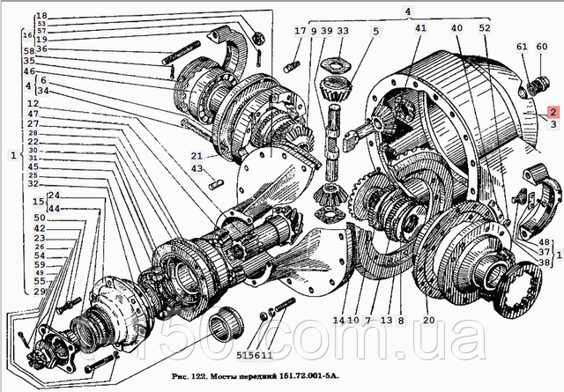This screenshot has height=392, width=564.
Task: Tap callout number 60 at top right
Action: [x=542, y=46]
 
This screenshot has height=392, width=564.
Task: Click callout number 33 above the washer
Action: [x=343, y=31]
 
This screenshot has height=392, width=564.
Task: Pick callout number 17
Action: [x=301, y=31]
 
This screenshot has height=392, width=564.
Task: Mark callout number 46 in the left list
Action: [x=30, y=70]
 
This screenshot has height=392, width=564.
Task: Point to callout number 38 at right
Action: [x=544, y=262]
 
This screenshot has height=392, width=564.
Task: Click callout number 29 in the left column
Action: [x=41, y=291]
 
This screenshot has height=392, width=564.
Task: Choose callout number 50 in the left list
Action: [x=41, y=218]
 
